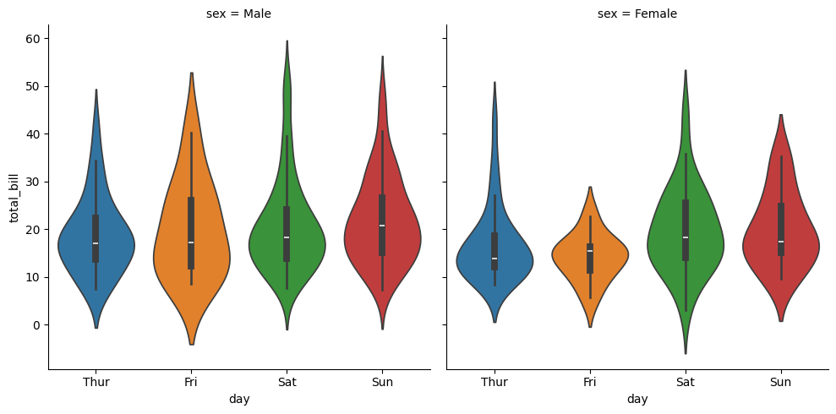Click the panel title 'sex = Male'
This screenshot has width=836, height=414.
click(238, 14)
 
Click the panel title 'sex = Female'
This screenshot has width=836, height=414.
click(637, 14)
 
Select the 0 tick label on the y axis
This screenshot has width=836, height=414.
click(36, 325)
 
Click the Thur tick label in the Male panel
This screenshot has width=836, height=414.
click(96, 382)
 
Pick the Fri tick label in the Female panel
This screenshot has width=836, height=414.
click(589, 382)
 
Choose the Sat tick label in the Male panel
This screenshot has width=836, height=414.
click(287, 382)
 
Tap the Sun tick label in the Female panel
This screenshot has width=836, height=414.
click(780, 382)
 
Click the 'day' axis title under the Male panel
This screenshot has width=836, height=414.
click(238, 399)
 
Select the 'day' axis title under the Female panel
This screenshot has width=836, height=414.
click(637, 399)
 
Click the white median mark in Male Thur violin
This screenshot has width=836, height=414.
click(96, 243)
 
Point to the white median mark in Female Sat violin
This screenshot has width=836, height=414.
click(685, 237)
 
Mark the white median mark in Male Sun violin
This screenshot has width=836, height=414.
click(382, 226)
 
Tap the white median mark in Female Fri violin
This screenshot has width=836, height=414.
click(589, 251)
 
